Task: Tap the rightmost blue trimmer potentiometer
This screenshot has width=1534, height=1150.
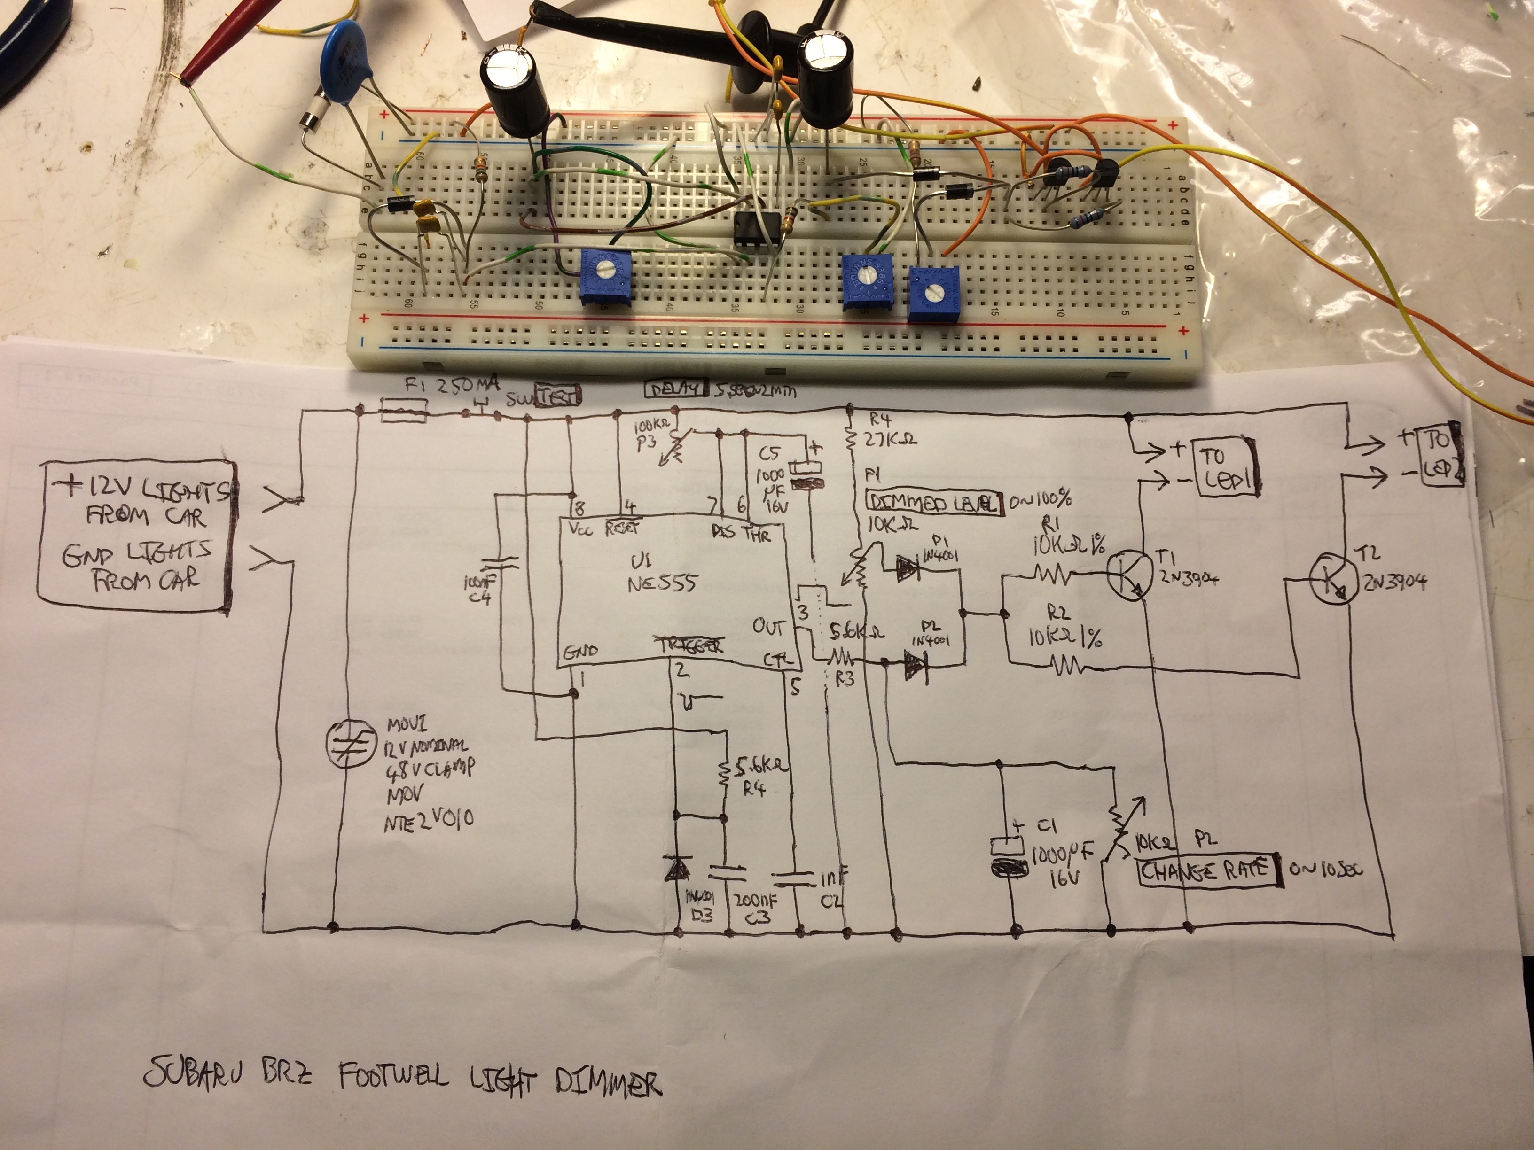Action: click(x=933, y=294)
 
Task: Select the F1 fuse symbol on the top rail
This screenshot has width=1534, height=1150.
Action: click(x=405, y=414)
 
